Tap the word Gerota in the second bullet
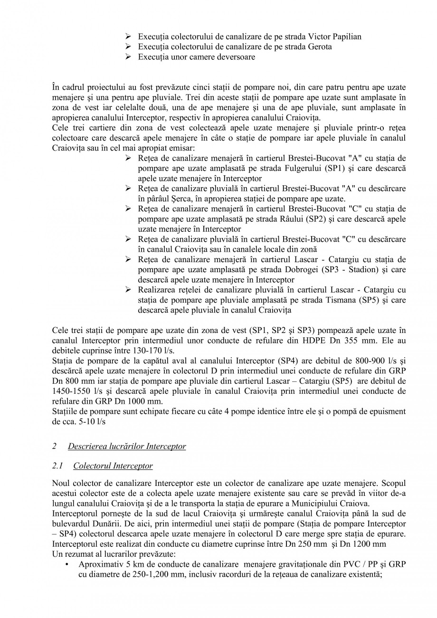tap(320, 47)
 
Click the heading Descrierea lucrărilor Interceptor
tap(127, 447)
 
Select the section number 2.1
tap(57, 466)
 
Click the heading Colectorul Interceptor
tap(113, 466)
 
